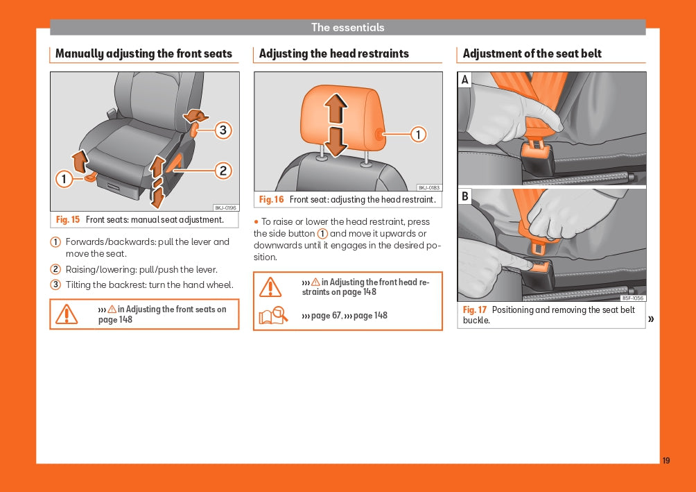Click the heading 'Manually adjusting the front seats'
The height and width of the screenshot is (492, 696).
(143, 53)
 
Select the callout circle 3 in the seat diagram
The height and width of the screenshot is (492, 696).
(223, 130)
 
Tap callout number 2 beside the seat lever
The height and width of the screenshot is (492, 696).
(223, 170)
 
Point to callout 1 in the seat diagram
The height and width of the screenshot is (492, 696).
(64, 179)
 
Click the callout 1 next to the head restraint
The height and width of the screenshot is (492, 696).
(418, 134)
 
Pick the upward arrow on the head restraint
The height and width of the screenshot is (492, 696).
(336, 109)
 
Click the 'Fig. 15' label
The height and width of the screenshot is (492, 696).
(68, 220)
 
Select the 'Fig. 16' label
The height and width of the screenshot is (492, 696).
(271, 200)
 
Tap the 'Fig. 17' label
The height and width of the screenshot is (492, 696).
(475, 310)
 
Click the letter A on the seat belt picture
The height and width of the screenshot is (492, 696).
(465, 80)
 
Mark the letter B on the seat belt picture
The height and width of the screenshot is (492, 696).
(465, 196)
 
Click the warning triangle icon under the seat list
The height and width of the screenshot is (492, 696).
(67, 314)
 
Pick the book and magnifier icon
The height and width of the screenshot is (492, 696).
(272, 316)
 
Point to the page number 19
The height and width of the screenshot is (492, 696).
(666, 461)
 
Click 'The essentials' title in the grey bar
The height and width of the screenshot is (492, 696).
(347, 28)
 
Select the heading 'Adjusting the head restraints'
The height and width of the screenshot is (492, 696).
(334, 53)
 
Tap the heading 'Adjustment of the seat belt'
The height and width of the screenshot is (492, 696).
(532, 53)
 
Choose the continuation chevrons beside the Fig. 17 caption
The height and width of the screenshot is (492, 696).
(651, 319)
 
